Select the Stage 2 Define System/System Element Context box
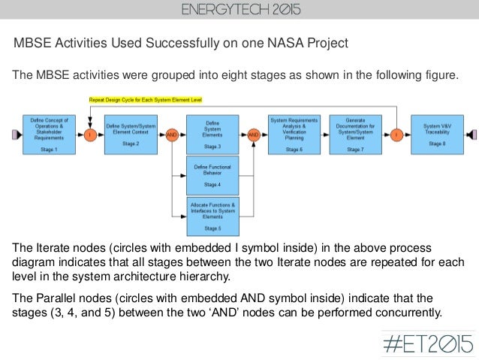point(131,135)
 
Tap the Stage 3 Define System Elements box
point(212,135)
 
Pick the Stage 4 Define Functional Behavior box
point(212,174)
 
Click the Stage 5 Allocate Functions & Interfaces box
point(212,216)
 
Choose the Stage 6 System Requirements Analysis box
point(295,135)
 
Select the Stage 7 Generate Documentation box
point(355,135)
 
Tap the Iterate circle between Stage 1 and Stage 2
point(89,135)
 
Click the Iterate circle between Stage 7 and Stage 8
point(396,135)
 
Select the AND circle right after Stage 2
point(172,135)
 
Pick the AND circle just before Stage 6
point(254,135)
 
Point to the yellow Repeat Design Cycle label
point(146,99)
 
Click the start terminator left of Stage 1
point(13,135)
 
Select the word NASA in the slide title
point(271,43)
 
